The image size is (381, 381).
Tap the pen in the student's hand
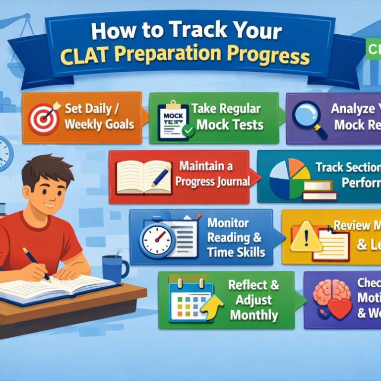(x=37, y=263)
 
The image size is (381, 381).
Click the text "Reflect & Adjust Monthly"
(x=254, y=300)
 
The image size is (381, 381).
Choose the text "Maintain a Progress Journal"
(x=212, y=174)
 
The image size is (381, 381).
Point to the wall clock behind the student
(x=4, y=154)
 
